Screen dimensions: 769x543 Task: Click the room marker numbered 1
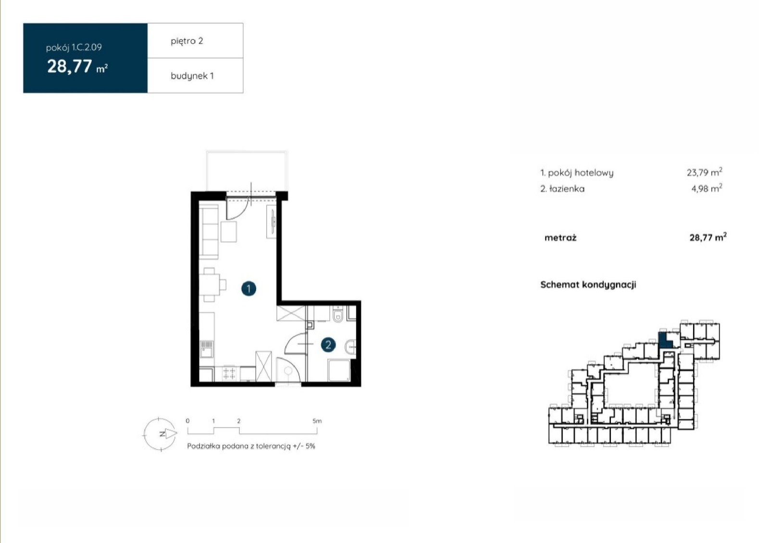[x=248, y=289]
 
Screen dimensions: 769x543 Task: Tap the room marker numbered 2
[x=328, y=344]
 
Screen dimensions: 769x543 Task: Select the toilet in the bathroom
[x=338, y=314]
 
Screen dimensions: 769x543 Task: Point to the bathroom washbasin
[x=351, y=347]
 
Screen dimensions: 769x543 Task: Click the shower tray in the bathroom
[x=339, y=370]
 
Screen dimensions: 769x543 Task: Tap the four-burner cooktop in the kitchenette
[x=229, y=373]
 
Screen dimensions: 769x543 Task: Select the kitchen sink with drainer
[x=207, y=349]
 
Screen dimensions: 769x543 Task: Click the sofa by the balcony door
[x=209, y=232]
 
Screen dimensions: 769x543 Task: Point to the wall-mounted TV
[x=273, y=222]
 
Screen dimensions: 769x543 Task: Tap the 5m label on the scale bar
[x=317, y=421]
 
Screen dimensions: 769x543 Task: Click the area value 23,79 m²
[x=705, y=172]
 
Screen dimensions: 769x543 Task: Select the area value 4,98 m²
[x=707, y=188]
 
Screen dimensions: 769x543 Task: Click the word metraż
[x=560, y=238]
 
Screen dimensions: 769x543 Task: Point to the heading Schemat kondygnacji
[x=588, y=285]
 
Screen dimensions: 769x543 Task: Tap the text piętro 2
[x=187, y=41]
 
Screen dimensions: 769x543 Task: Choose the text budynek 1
[x=192, y=76]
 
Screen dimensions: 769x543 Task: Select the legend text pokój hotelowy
[x=581, y=173]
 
